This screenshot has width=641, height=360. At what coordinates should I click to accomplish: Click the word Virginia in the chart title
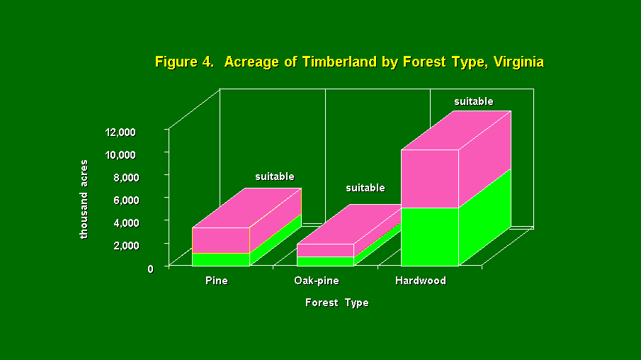coord(518,62)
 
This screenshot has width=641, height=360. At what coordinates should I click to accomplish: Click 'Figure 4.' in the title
coord(184,62)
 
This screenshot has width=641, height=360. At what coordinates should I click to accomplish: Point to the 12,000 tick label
coord(120,132)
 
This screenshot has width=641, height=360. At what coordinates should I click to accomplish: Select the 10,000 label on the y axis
coord(120,154)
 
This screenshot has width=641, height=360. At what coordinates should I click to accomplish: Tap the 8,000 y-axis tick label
coord(123,178)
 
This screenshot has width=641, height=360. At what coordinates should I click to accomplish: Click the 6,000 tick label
coord(123,200)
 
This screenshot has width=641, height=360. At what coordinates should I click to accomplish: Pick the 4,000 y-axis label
coord(123,223)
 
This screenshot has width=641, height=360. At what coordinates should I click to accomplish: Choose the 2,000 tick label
coord(123,245)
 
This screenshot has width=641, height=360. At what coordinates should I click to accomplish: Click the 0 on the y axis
coord(150,269)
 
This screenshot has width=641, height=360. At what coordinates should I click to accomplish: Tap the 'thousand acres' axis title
coord(84,199)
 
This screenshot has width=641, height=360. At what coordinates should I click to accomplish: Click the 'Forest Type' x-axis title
coord(337,303)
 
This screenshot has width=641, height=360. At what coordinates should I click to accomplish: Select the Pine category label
coord(217,281)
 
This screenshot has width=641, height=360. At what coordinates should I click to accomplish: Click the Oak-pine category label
coord(317,281)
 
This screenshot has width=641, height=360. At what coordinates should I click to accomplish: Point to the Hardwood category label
coord(420,281)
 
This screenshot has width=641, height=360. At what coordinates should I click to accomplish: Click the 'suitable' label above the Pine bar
coord(275,176)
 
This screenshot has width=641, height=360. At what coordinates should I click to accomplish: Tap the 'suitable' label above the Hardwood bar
coord(474,101)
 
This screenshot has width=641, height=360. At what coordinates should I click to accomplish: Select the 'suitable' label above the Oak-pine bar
coord(365,188)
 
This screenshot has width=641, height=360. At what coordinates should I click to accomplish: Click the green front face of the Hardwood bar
coord(430,237)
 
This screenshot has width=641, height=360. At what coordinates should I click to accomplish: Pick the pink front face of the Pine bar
coord(221,240)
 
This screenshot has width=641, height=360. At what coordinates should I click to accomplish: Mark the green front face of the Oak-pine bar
coord(325,261)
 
